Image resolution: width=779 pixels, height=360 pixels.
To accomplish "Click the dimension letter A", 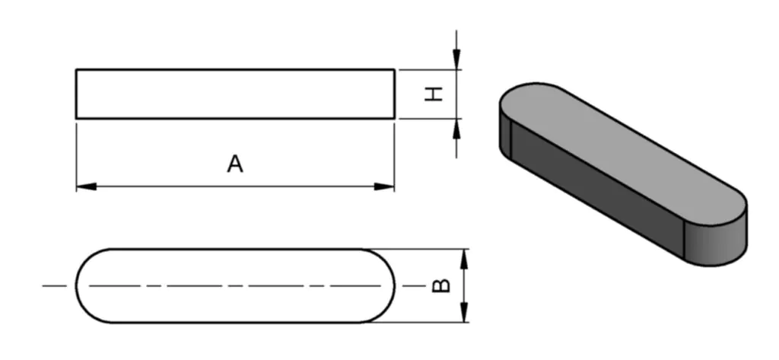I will click(x=235, y=164).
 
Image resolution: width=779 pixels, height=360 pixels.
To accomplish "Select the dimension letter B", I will click(x=441, y=285).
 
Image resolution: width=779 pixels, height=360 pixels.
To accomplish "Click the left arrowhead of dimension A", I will click(x=86, y=186).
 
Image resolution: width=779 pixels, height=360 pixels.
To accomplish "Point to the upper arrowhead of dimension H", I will click(x=456, y=59).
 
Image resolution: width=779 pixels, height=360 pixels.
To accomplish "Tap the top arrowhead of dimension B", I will click(x=465, y=258).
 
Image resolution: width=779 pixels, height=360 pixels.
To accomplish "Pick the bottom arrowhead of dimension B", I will click(x=465, y=313).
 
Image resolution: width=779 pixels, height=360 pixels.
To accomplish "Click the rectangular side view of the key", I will click(x=235, y=94).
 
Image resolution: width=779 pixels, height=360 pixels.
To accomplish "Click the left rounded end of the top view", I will click(x=87, y=285).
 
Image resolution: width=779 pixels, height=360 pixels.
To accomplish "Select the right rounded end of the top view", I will click(x=384, y=285).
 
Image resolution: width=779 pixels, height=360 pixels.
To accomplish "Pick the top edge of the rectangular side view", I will click(x=235, y=70).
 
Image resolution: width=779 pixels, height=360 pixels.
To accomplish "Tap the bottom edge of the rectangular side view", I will click(x=235, y=118).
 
